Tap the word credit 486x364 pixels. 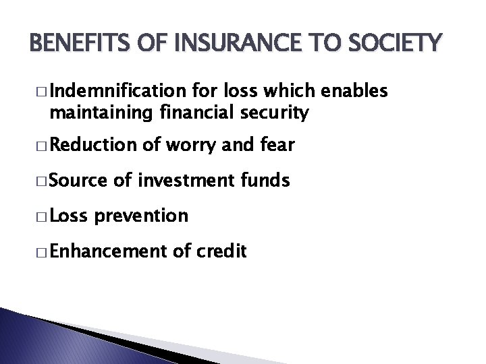[222, 251]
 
